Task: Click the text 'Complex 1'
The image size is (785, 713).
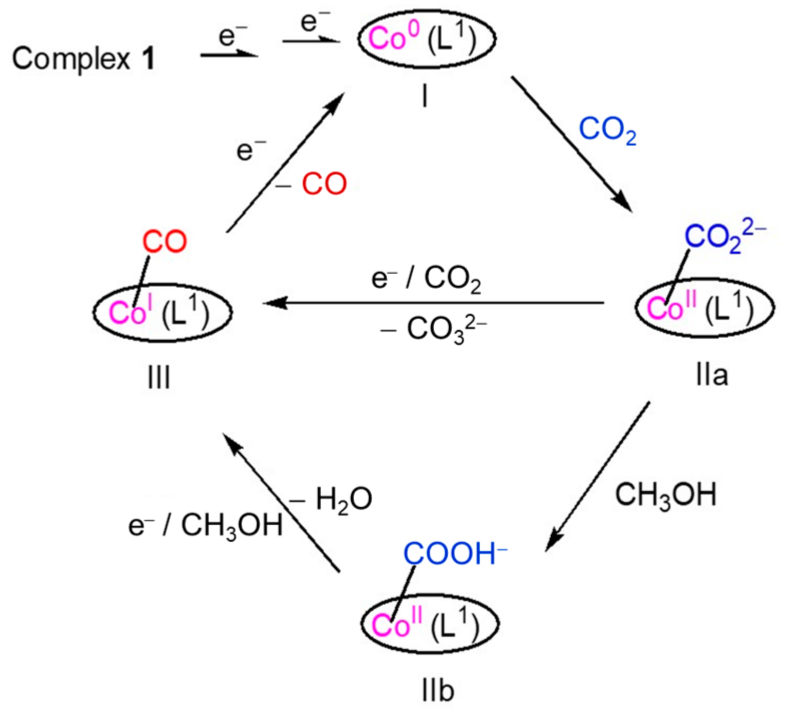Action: pos(83,59)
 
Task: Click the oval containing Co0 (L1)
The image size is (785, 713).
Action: pos(426,39)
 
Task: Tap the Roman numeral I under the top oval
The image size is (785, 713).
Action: pos(424,97)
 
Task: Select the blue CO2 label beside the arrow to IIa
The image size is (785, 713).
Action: pos(607,130)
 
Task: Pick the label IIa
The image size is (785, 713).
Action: pos(711,375)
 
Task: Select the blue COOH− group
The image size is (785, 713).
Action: pos(454,554)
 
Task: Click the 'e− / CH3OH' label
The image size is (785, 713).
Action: pos(205,526)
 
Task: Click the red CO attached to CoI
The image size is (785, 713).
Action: pos(164,242)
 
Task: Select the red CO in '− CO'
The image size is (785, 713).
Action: pos(324,184)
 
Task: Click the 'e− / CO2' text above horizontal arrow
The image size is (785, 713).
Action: pos(426,279)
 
